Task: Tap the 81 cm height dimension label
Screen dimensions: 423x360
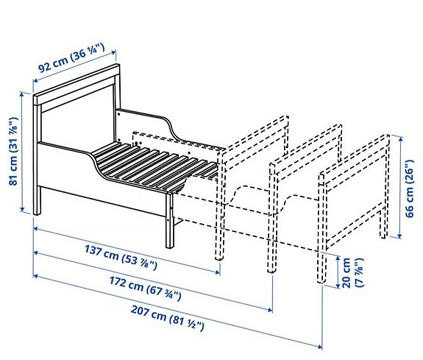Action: [13, 151]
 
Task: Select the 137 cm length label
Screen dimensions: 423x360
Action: [121, 257]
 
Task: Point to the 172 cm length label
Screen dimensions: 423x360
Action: [145, 289]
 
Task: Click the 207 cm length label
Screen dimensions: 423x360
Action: [168, 318]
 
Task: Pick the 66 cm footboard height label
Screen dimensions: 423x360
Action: [409, 188]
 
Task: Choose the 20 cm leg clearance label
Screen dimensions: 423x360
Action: [352, 273]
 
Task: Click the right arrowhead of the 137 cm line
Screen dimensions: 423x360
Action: [218, 272]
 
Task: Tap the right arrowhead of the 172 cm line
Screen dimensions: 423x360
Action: [270, 310]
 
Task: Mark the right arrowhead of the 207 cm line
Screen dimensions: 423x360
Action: [320, 347]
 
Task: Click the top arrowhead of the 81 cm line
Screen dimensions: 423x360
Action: [22, 94]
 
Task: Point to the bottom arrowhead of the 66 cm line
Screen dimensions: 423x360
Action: [400, 236]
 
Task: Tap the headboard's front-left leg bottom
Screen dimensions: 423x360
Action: [37, 213]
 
